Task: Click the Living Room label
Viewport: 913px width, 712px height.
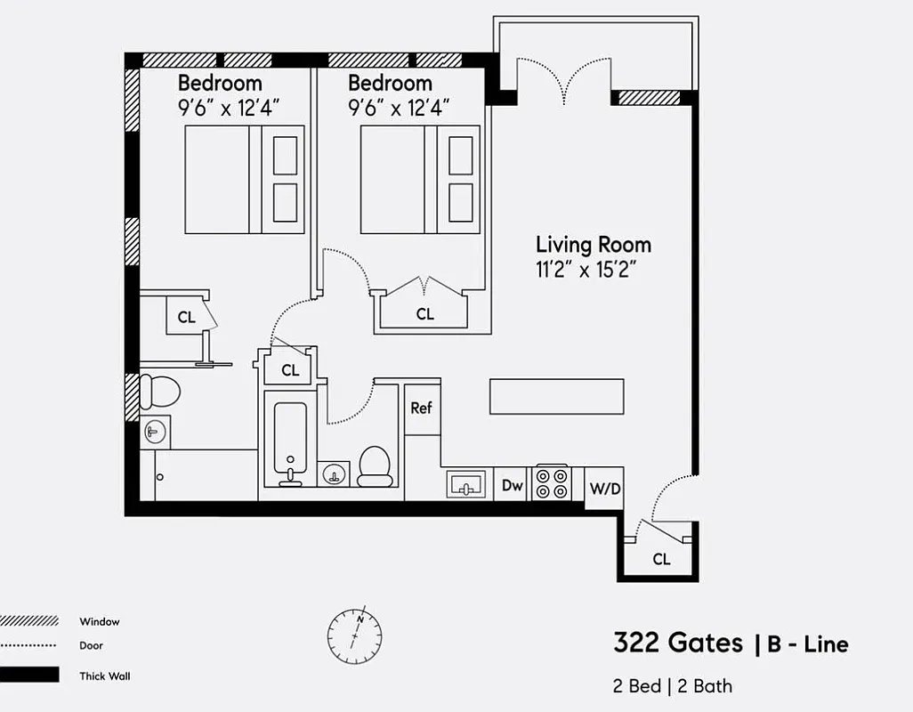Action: point(593,245)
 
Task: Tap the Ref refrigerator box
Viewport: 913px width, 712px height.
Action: point(422,409)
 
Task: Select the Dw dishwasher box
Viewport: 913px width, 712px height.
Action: point(512,485)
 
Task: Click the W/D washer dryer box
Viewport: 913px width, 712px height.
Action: point(604,489)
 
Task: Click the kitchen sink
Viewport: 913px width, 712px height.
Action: point(465,485)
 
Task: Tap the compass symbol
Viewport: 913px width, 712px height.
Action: point(354,635)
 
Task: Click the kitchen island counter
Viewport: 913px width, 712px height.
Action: point(556,396)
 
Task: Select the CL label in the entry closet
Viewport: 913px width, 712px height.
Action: point(661,560)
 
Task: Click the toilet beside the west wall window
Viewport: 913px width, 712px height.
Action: point(160,391)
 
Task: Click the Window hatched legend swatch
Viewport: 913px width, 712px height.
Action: point(29,621)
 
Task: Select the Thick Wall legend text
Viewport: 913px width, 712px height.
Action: point(104,676)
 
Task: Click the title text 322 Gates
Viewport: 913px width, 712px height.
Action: point(677,643)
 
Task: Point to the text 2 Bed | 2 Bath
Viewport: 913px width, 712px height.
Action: point(673,686)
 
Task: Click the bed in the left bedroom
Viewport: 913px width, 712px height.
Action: point(244,180)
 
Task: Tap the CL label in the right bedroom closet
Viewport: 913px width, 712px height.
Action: point(425,314)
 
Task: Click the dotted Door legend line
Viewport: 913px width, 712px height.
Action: point(29,646)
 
